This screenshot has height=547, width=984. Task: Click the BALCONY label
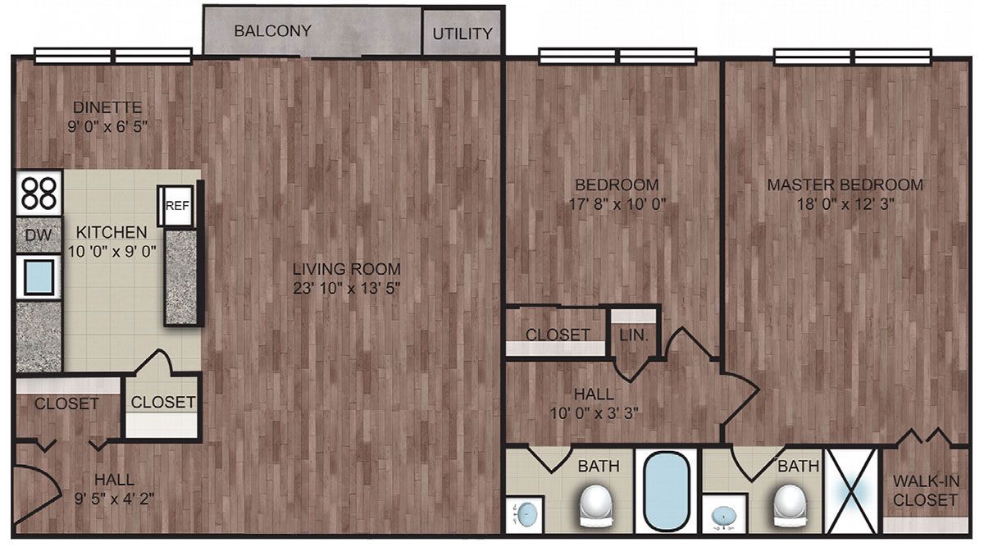click(272, 31)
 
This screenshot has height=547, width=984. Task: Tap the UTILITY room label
click(462, 34)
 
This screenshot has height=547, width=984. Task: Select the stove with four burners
click(39, 193)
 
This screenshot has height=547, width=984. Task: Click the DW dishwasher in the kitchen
click(39, 235)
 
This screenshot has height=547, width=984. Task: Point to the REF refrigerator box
click(176, 206)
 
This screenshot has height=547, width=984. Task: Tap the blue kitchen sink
click(39, 277)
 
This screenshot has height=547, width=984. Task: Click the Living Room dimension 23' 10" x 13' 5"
click(347, 288)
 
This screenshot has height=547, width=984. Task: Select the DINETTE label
click(107, 107)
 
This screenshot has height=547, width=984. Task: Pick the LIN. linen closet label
click(634, 335)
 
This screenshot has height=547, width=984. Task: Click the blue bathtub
click(667, 491)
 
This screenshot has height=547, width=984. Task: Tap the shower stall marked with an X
click(852, 491)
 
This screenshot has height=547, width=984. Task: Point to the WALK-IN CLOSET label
click(926, 490)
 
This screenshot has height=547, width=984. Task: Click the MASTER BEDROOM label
click(845, 185)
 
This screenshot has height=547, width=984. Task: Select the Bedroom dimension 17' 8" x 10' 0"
click(617, 204)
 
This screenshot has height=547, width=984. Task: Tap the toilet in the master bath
click(790, 506)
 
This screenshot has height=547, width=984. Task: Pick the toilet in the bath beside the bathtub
click(596, 506)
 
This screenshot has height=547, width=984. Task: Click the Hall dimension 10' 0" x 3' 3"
click(594, 413)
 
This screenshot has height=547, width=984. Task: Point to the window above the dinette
click(113, 57)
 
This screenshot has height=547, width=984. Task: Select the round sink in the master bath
click(723, 514)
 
